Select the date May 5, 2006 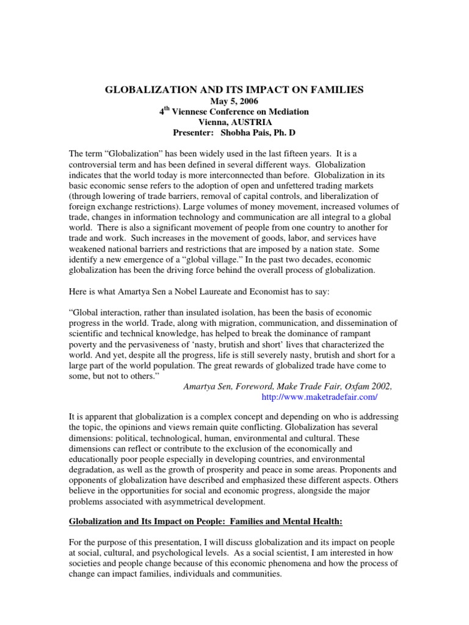pos(234,101)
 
